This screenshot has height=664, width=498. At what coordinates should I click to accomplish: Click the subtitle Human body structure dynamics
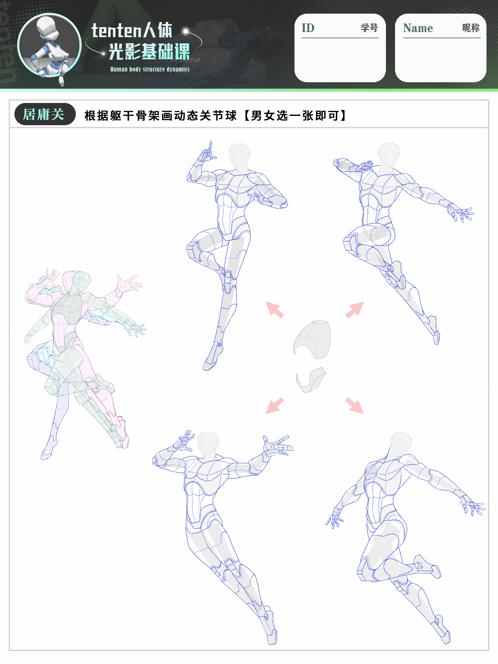(x=150, y=69)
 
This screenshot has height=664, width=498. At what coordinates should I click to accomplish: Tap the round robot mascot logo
(x=50, y=46)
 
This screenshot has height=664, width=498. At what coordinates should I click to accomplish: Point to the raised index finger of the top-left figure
(x=211, y=147)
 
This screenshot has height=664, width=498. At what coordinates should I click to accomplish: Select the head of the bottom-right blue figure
(x=401, y=444)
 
